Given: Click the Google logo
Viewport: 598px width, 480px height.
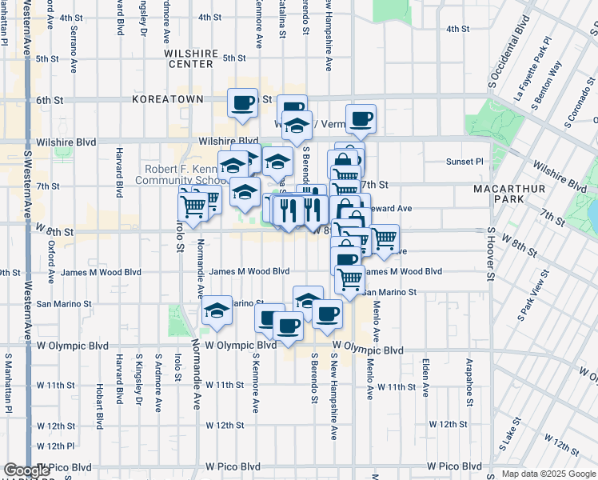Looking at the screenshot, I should click(x=27, y=470).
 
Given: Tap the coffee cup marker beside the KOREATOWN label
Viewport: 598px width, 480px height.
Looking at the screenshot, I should click(x=243, y=102).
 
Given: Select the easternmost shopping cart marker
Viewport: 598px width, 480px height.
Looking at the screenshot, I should click(x=385, y=238).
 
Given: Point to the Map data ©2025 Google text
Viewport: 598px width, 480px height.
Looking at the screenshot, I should click(x=548, y=474).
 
